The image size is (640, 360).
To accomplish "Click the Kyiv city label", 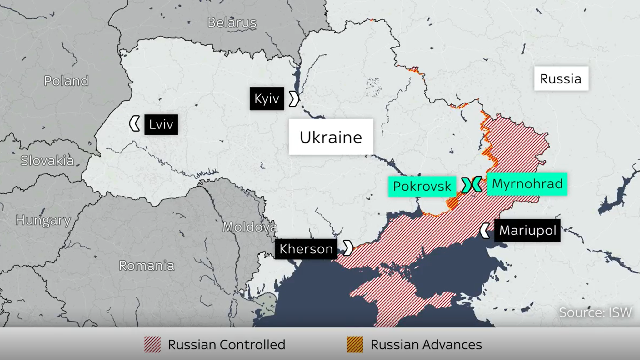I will tap(267, 99).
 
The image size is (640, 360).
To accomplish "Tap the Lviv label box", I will tap(161, 125).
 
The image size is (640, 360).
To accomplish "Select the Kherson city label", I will tap(306, 249).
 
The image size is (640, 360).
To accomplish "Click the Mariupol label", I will tap(527, 231).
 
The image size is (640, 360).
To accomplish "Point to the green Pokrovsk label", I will tap(422, 186).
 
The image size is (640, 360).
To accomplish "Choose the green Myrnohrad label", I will tap(527, 184).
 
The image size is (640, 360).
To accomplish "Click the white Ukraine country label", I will tap(331, 137).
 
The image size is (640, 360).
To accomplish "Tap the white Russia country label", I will tap(561, 78).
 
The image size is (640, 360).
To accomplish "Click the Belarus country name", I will tap(232, 22).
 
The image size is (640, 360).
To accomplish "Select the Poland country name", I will tap(66, 81).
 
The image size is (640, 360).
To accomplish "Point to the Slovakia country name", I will tap(47, 161).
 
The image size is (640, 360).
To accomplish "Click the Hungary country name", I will tap(43, 220).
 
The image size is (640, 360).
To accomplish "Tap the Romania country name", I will tap(147, 266).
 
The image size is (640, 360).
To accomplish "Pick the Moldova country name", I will tap(249, 227).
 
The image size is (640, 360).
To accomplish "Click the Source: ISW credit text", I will tap(595, 312).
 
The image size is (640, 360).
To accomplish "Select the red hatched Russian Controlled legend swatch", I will tap(152, 345).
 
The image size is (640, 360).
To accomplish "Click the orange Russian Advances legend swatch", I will tap(355, 345).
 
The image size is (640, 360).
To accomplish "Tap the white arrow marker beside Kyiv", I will tap(294, 99).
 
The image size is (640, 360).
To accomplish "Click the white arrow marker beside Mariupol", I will tap(485, 231).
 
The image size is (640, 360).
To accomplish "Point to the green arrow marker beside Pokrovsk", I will tap(466, 185).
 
